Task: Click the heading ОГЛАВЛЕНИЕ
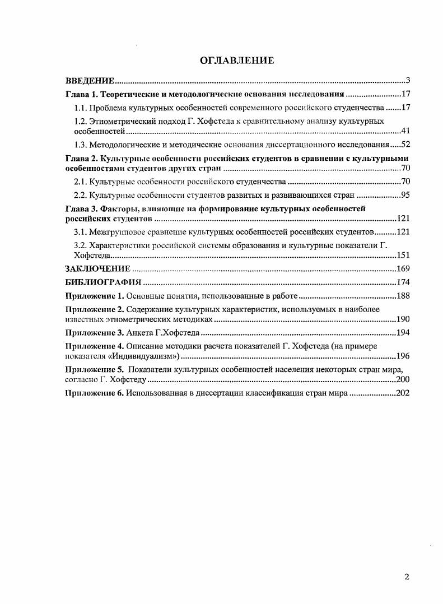coord(237,61)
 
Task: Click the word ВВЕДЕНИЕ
coord(90,81)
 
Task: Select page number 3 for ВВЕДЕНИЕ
coord(408,81)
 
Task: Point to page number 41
coord(406,132)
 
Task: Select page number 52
coord(406,145)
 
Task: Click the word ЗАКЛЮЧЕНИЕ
coord(98,269)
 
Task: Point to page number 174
coord(403,282)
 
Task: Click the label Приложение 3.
coord(94,333)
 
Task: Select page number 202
coord(403,393)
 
